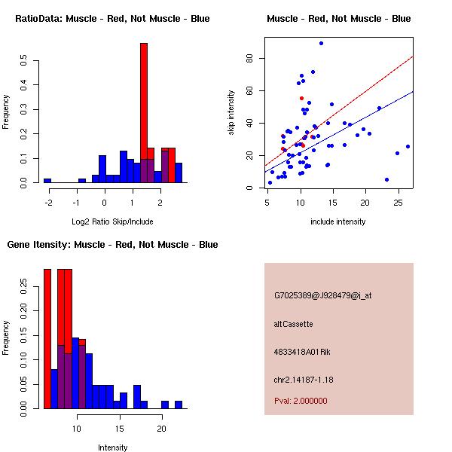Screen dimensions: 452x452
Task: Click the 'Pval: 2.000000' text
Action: click(x=301, y=401)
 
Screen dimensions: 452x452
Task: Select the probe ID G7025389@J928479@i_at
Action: click(x=322, y=295)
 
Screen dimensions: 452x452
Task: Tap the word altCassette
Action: click(x=293, y=324)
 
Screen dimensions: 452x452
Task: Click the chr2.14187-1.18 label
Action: click(x=303, y=379)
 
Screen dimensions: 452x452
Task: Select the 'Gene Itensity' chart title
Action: click(x=112, y=245)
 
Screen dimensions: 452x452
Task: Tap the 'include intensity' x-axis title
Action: click(x=338, y=221)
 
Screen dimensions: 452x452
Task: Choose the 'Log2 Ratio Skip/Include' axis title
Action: click(x=112, y=221)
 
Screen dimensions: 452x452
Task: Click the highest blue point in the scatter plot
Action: click(x=321, y=44)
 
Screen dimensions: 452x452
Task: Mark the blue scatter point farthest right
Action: click(x=408, y=147)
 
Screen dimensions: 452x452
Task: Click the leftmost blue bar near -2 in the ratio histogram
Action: click(x=47, y=181)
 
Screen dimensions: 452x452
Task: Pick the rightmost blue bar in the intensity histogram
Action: click(x=179, y=405)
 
